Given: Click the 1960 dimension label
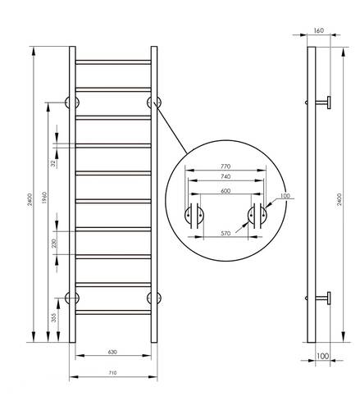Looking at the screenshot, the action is coord(45,198).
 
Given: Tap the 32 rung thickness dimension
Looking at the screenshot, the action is coord(53,163).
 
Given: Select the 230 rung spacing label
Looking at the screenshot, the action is coord(54,243).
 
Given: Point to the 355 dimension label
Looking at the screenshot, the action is coord(54,317).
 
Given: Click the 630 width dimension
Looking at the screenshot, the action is coord(112,352).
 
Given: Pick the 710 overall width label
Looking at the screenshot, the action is coord(112,373).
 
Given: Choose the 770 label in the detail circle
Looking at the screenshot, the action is coord(226,166).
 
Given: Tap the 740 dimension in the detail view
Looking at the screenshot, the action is coord(226,176).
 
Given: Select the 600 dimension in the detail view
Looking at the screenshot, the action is coord(226,191).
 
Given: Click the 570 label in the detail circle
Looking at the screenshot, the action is coord(226,233).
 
